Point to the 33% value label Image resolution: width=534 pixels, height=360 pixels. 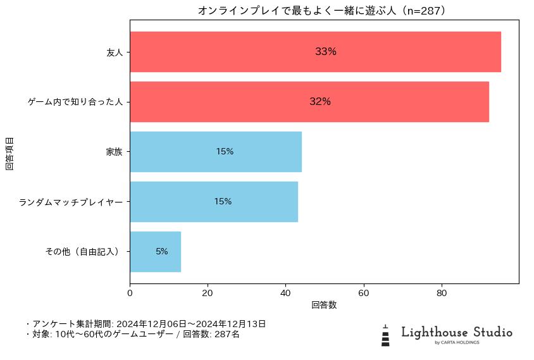click(x=326, y=52)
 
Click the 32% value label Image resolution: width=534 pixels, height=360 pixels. click(x=320, y=102)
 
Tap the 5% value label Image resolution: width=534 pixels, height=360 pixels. click(x=162, y=252)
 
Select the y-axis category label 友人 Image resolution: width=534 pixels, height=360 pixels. click(x=115, y=52)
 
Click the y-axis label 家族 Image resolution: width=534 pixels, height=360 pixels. click(x=115, y=152)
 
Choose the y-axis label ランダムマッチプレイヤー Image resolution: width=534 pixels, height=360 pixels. click(x=70, y=202)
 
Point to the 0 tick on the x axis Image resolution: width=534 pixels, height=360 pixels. click(x=130, y=293)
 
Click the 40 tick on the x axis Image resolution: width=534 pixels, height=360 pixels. click(x=285, y=293)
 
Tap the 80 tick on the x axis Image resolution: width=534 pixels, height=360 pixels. click(x=442, y=293)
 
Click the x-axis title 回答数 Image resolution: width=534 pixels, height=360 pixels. click(x=324, y=305)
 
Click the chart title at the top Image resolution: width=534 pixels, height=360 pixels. click(x=324, y=11)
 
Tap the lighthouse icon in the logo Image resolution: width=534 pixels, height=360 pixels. click(x=385, y=335)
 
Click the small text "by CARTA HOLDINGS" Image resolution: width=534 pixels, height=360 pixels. click(x=457, y=343)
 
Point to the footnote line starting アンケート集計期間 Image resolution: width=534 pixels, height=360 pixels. click(x=146, y=324)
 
